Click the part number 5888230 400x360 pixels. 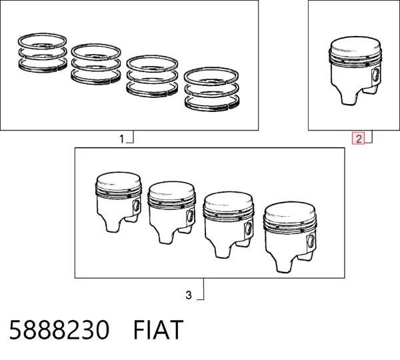tap(59, 329)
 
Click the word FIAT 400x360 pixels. tap(159, 329)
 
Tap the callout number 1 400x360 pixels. tap(122, 139)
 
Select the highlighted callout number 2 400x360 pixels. tap(359, 139)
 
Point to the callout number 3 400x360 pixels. tap(189, 295)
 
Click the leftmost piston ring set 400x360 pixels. tap(43, 53)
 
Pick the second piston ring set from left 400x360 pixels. tap(95, 64)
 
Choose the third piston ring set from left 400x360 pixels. tap(152, 76)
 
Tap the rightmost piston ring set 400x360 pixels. tap(211, 89)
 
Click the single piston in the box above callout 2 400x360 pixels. tap(355, 70)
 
